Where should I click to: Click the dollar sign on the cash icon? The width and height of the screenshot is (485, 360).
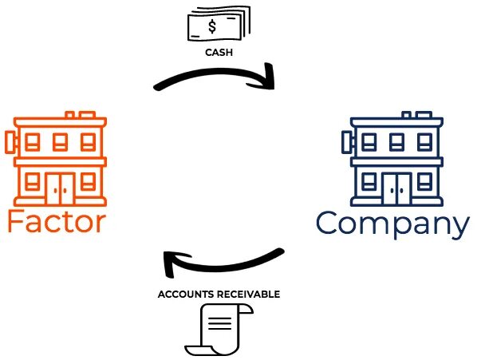coord(212,27)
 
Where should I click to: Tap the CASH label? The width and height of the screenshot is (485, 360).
coord(218,53)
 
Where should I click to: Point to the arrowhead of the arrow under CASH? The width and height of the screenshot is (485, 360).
coord(267,82)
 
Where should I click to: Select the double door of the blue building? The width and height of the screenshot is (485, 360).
coord(396,188)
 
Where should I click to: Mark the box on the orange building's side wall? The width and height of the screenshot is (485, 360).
coord(10,143)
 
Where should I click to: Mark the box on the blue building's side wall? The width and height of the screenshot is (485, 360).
coord(348,143)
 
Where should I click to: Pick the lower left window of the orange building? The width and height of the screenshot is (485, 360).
coord(33,180)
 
